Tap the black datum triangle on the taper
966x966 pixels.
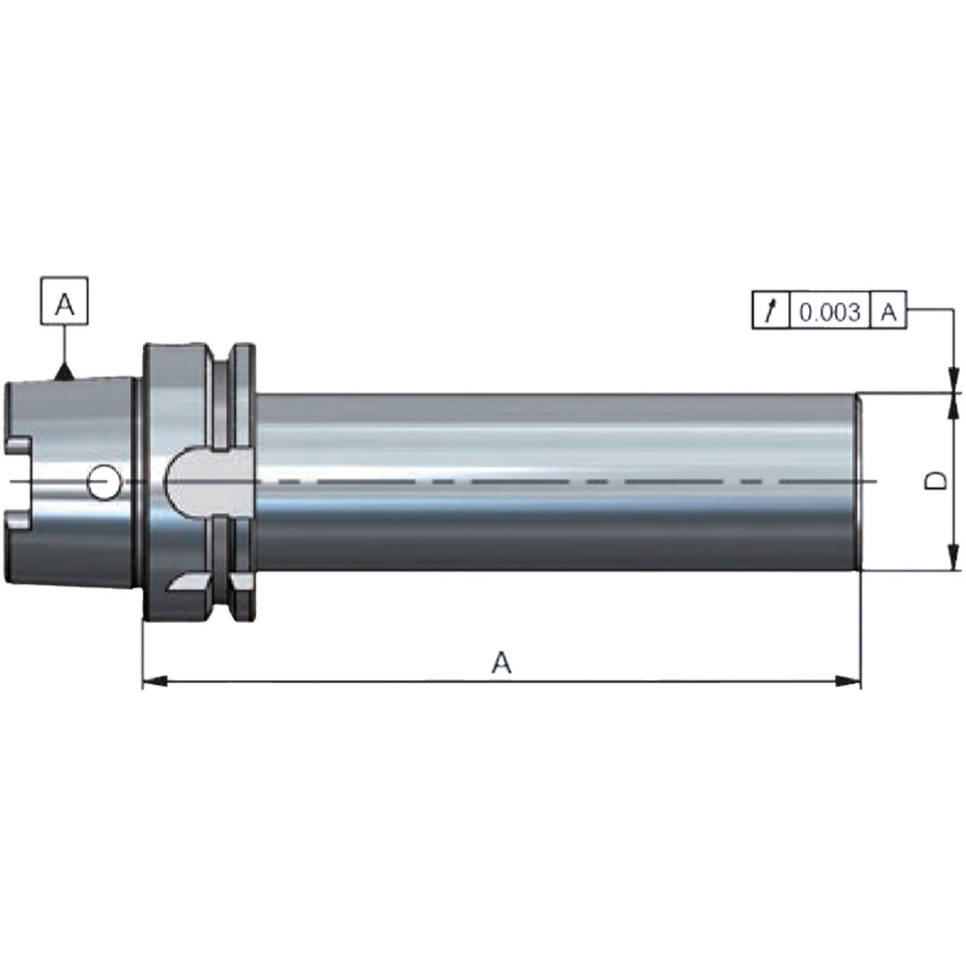pos(65,372)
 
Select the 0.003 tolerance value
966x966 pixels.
pos(829,312)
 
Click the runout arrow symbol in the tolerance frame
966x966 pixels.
pos(770,310)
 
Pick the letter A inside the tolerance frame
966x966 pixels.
pos(888,312)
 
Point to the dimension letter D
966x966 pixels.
pos(936,481)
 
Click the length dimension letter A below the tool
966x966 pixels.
pos(501,663)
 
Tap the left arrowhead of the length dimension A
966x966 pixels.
pos(155,681)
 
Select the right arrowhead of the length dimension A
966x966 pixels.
pos(848,681)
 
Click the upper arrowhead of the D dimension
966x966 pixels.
pos(953,405)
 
